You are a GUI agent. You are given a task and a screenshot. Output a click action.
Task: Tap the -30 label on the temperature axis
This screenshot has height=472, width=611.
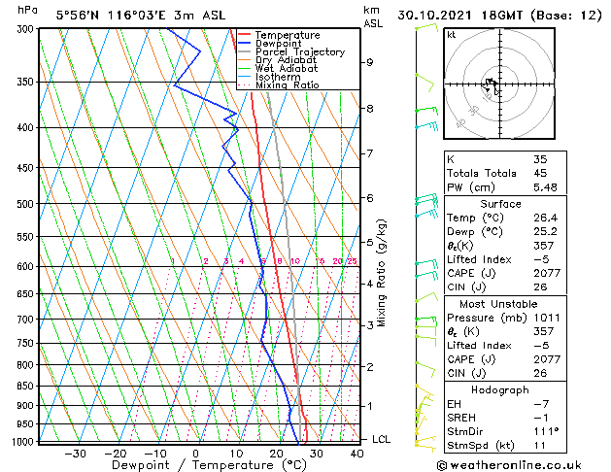tap(74, 454)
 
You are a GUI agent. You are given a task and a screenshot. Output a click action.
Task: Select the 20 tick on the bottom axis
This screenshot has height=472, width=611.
tap(276, 454)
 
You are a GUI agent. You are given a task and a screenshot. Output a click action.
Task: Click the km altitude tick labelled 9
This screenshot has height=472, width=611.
tap(369, 62)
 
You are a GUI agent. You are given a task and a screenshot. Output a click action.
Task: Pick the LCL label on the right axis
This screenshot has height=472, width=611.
tap(382, 439)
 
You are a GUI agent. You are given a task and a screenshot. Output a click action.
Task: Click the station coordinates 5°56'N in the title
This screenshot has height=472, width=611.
tap(50, 16)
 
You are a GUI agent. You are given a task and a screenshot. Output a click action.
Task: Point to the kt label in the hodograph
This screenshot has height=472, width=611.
tap(452, 35)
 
